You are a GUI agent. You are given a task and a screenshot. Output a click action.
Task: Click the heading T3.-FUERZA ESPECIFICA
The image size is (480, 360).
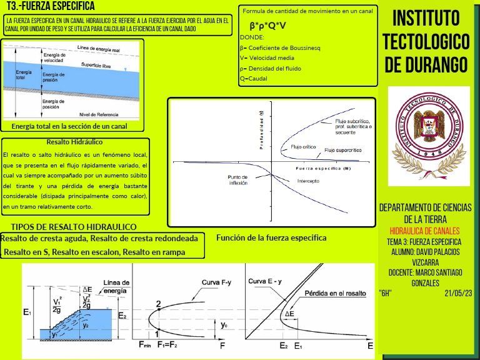point(50,7)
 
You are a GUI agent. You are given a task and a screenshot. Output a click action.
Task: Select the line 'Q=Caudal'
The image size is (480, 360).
point(253,79)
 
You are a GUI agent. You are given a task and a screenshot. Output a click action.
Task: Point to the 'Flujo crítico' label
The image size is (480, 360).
point(304,147)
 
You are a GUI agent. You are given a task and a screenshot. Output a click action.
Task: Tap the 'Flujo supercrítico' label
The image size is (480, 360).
point(342,151)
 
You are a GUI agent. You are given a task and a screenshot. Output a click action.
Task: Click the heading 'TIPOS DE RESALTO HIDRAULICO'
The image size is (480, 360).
point(74,227)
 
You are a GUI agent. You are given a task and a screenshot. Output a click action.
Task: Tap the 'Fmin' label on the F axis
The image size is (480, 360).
point(144,345)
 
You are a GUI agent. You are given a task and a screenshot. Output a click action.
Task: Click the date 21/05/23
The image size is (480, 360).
point(458,292)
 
